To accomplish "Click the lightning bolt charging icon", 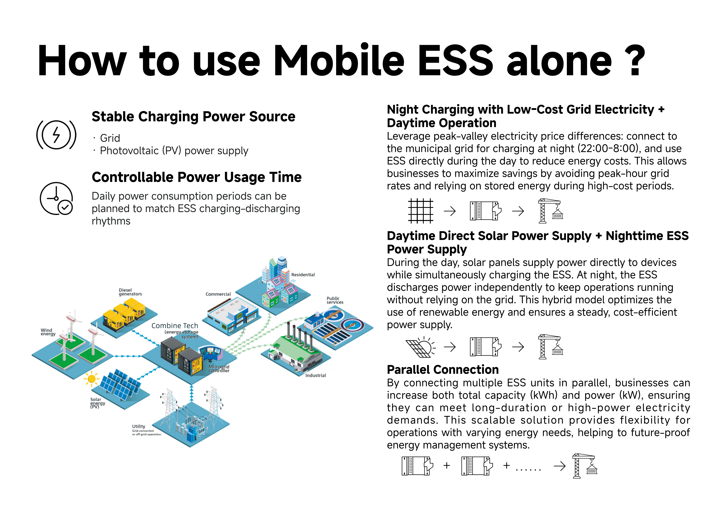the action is pyautogui.click(x=56, y=135).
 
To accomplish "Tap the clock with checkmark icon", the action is pyautogui.click(x=56, y=198).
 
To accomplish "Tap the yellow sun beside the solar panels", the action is pyautogui.click(x=91, y=379).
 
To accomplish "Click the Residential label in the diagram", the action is pyautogui.click(x=303, y=275).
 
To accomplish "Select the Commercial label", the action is pyautogui.click(x=218, y=294).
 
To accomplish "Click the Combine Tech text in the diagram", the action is pyautogui.click(x=175, y=326).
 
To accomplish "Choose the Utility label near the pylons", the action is pyautogui.click(x=139, y=426).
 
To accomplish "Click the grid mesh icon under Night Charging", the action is pyautogui.click(x=420, y=211).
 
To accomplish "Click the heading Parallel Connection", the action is pyautogui.click(x=443, y=370).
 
